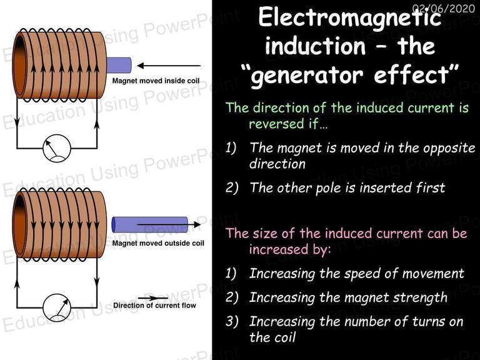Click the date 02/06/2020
tap(444, 8)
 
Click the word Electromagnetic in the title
tap(350, 18)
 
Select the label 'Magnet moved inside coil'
tap(156, 81)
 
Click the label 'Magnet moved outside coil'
tap(158, 243)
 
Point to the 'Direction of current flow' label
tap(154, 306)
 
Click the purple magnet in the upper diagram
tap(119, 65)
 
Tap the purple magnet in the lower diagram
tap(150, 224)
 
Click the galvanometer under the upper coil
tap(57, 148)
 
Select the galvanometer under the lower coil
tap(57, 307)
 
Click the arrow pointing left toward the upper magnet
tap(169, 66)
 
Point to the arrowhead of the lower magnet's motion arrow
tap(197, 224)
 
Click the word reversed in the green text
tap(276, 124)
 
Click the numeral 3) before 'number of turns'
tap(232, 321)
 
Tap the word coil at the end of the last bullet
tap(283, 337)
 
